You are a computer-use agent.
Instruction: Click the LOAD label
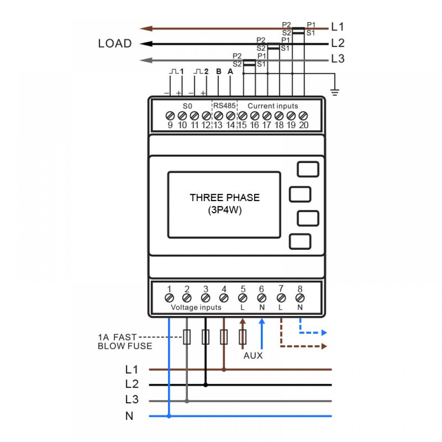pos(115,44)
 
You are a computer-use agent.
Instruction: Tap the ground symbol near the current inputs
pos(334,92)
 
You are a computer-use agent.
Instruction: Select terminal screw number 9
pos(170,115)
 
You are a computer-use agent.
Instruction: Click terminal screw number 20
pos(303,115)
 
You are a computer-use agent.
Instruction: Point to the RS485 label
pos(225,106)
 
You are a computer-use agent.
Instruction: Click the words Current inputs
pos(272,106)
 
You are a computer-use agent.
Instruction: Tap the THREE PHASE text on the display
pos(224,198)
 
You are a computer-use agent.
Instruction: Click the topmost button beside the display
pos(308,169)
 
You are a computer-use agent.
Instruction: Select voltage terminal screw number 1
pos(169,298)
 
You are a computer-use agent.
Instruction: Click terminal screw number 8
pos(300,298)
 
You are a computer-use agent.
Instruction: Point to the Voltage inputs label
pos(196,307)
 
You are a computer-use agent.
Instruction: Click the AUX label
pos(253,356)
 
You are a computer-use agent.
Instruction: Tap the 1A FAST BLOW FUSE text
pos(124,341)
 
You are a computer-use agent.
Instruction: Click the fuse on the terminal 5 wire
pos(242,337)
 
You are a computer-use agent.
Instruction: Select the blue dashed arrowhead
pos(324,333)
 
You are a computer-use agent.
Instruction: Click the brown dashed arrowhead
pos(324,346)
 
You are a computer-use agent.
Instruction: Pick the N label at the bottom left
pos(129,416)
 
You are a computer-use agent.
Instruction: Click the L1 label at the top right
pos(338,27)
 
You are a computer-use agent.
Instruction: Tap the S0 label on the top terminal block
pos(187,106)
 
